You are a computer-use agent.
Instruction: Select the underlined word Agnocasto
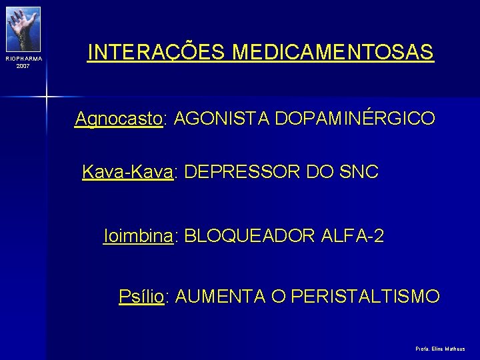119,119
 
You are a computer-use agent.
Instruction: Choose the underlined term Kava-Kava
127,172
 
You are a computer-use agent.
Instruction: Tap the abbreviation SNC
358,172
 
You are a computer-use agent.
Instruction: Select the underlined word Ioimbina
139,236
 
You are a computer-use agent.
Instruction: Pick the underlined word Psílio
141,296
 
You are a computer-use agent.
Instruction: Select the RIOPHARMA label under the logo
23,59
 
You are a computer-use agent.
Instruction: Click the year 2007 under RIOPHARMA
23,67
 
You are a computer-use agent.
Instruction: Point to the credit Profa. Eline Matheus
440,349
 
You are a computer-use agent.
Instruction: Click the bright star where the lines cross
46,97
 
